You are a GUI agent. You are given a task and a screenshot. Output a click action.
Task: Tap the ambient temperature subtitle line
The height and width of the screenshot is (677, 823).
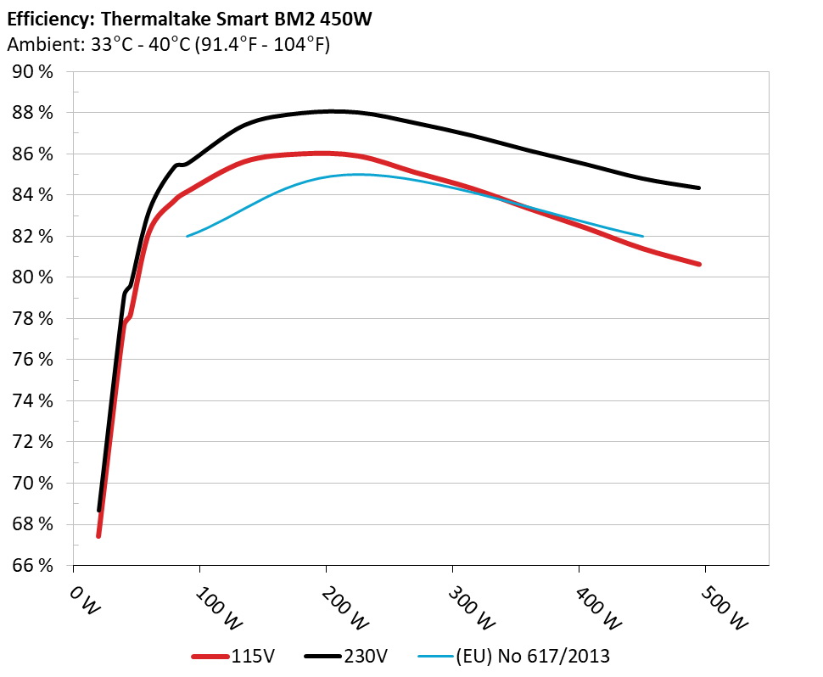pyautogui.click(x=168, y=44)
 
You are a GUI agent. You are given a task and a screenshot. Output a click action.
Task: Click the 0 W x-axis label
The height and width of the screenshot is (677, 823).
pyautogui.click(x=82, y=601)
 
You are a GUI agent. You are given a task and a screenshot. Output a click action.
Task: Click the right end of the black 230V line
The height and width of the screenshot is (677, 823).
pyautogui.click(x=699, y=188)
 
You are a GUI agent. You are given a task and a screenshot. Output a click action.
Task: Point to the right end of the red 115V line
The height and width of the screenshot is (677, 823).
pyautogui.click(x=699, y=264)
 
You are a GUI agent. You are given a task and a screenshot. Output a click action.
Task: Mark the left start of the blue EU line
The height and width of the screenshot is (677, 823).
pyautogui.click(x=187, y=236)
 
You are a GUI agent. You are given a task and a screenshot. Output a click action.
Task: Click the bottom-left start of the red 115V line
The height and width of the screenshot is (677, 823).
pyautogui.click(x=98, y=536)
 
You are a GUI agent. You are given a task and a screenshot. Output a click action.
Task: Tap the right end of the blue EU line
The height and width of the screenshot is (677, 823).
pyautogui.click(x=643, y=236)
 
